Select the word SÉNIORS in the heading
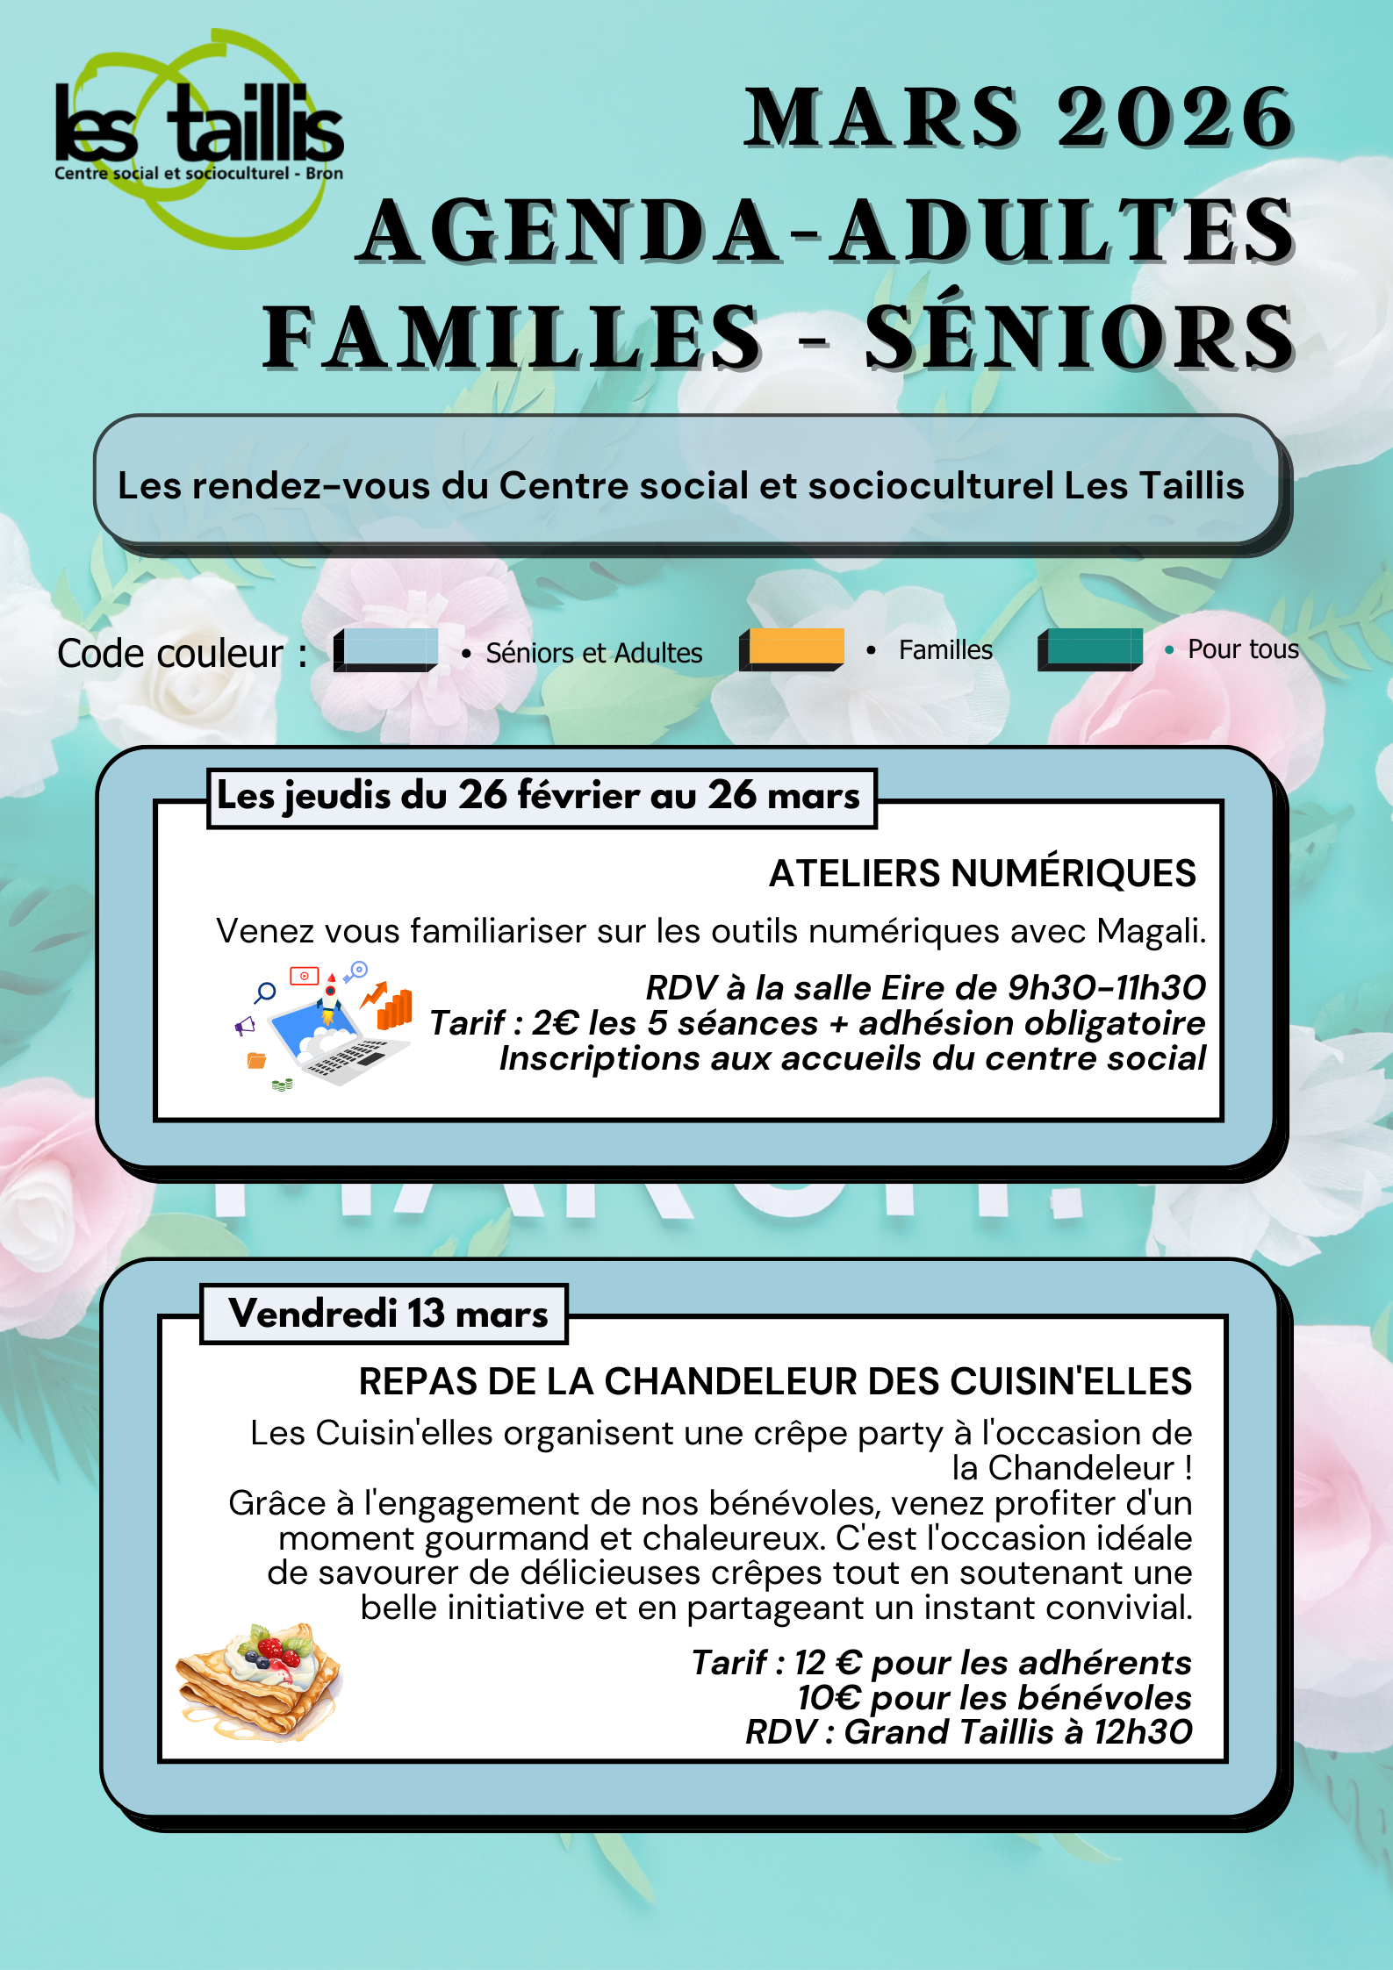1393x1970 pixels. coord(1080,338)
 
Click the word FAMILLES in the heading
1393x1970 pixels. coord(513,338)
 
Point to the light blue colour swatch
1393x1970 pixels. coord(386,649)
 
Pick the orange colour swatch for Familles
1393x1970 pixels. coord(792,648)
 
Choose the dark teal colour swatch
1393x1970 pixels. coord(1090,649)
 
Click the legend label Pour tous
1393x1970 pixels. coord(1242,649)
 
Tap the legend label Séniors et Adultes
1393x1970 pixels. coord(593,653)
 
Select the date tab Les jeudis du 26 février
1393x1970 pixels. coord(540,796)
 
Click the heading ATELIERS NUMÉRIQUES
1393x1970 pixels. coord(982,874)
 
